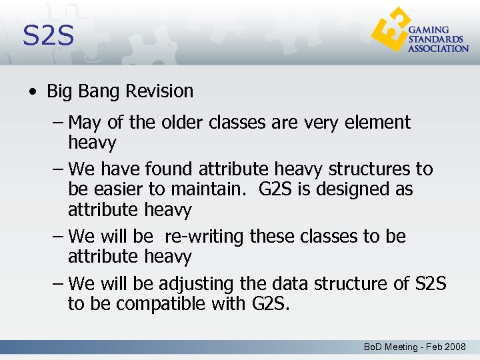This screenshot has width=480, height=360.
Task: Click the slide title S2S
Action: click(48, 35)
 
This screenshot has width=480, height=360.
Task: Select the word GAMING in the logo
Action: click(428, 31)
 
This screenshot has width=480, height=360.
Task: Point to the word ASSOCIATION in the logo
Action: click(438, 49)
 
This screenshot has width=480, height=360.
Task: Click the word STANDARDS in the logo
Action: click(435, 39)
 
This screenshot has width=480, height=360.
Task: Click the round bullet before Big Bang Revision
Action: click(33, 92)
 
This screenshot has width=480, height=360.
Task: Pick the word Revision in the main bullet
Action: click(160, 91)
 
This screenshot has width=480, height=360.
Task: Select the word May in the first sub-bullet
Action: click(85, 123)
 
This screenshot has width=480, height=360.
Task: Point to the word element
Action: click(377, 123)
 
